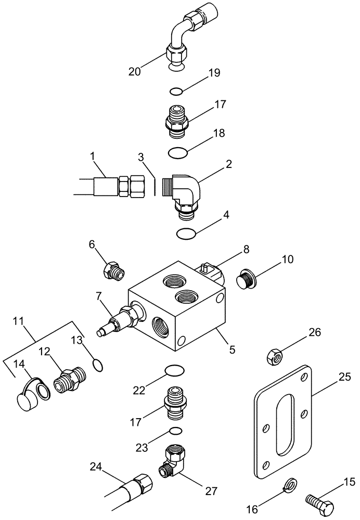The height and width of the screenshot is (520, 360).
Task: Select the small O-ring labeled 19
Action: click(176, 92)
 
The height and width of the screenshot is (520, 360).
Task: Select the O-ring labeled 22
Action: click(174, 370)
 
